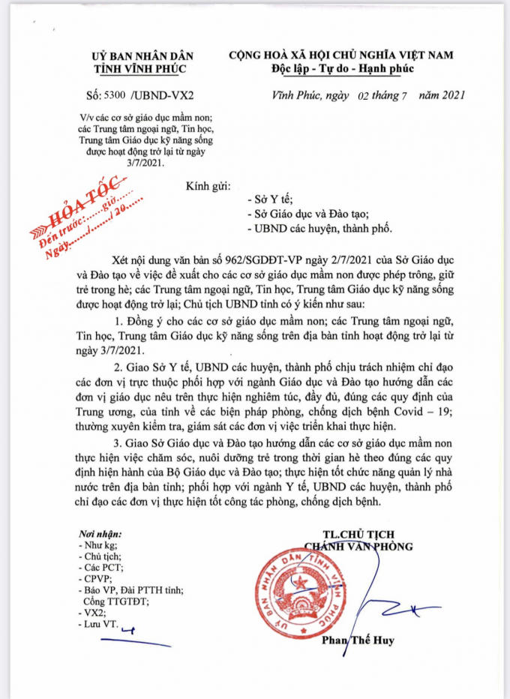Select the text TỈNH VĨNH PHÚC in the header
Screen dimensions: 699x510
point(142,69)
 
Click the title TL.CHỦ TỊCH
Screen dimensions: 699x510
point(357,534)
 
